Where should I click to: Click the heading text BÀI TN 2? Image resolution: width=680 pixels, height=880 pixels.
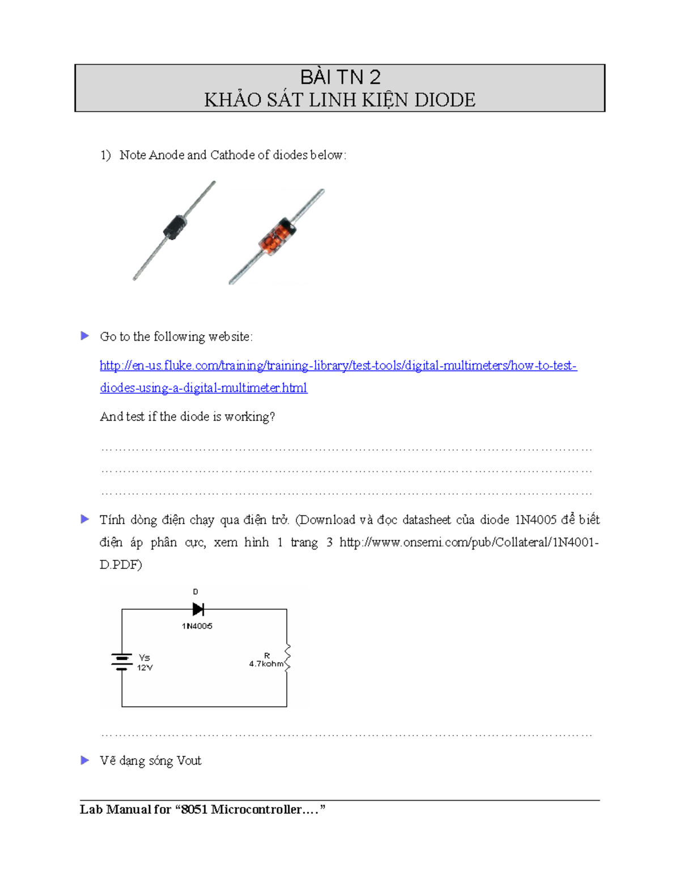point(340,77)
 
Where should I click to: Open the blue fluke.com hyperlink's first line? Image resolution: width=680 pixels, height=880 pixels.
point(338,365)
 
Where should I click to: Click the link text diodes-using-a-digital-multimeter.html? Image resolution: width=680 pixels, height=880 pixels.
point(203,388)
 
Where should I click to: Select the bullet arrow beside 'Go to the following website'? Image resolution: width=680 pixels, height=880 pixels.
point(85,336)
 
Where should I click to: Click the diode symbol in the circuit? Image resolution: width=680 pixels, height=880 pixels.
point(198,609)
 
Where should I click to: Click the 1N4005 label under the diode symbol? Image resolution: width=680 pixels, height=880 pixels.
point(197,626)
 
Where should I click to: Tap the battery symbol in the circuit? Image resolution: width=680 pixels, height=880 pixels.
point(122,662)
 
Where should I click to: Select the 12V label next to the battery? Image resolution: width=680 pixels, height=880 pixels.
point(144,668)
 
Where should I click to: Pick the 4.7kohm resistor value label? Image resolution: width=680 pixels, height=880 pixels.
point(266,664)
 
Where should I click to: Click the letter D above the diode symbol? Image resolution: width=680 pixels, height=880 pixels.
point(195,592)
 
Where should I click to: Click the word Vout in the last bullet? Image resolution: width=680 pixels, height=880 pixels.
point(189,761)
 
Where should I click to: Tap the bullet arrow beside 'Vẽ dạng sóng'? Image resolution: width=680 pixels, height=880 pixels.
point(85,760)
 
